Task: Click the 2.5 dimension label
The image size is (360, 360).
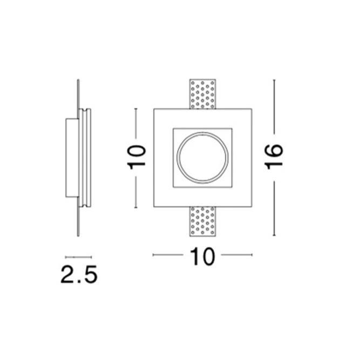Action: [x=79, y=275]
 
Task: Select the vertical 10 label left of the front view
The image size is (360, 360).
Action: [x=137, y=157]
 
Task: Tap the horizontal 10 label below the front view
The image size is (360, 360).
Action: [x=202, y=257]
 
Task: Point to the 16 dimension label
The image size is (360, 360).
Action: [x=274, y=157]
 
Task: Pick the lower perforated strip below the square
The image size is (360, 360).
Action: [x=203, y=222]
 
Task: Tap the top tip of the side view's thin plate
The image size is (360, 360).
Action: [x=79, y=81]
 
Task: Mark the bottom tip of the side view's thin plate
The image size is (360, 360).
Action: [x=79, y=235]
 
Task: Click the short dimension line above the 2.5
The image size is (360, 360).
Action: [x=78, y=257]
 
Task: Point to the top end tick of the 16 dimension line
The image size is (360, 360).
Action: [x=274, y=80]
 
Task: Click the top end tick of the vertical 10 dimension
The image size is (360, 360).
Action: [x=136, y=108]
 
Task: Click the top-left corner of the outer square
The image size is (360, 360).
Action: [x=154, y=109]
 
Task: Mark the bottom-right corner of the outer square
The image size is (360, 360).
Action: [x=252, y=207]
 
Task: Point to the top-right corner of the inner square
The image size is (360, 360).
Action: [x=233, y=129]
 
